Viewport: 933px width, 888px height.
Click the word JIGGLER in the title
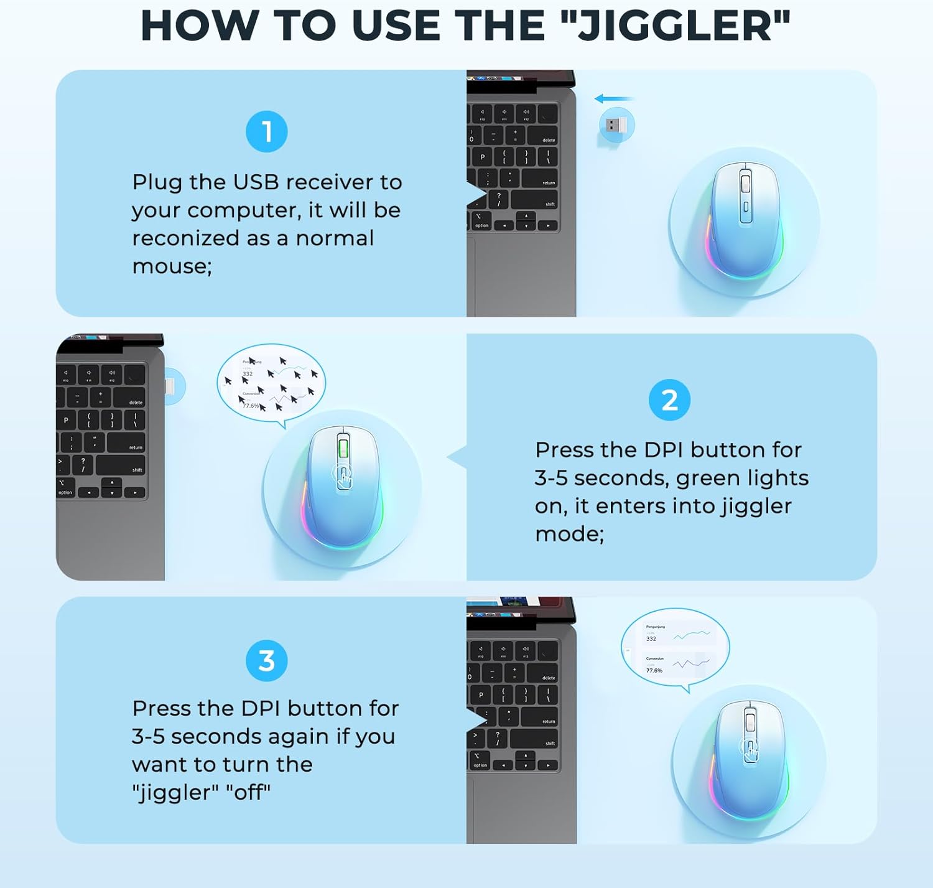(675, 26)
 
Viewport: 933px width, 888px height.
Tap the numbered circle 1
(267, 132)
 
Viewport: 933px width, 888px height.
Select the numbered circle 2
(669, 400)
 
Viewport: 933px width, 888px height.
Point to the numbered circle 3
(267, 661)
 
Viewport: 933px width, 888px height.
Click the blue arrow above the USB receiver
(614, 98)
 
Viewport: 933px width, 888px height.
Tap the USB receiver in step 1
(616, 125)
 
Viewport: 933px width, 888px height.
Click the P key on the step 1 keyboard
(482, 157)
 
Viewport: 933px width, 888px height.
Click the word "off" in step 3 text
(248, 793)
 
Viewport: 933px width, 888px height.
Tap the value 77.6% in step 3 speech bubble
(654, 670)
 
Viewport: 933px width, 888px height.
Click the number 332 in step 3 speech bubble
(651, 638)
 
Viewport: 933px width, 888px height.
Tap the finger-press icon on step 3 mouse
(750, 750)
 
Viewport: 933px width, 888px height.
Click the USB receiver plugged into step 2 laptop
(174, 386)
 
